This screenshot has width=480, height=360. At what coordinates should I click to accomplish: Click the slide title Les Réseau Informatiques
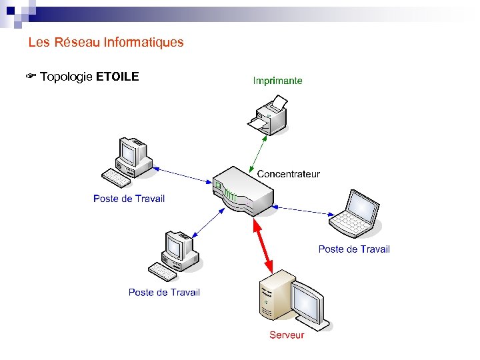(x=106, y=43)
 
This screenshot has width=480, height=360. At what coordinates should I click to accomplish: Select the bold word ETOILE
(x=117, y=77)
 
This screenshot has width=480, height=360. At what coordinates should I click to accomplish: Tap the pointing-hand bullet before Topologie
(x=31, y=77)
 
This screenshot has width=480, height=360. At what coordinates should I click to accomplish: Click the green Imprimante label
(x=277, y=81)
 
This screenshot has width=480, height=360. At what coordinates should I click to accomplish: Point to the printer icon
(x=267, y=114)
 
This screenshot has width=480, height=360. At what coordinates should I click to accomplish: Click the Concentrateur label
(x=288, y=174)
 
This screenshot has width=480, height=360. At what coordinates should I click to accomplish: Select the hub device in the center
(x=243, y=191)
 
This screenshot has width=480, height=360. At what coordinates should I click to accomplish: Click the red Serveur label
(x=287, y=335)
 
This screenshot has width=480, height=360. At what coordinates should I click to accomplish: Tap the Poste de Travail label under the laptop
(x=354, y=249)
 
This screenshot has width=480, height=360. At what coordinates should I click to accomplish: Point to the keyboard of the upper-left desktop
(x=116, y=177)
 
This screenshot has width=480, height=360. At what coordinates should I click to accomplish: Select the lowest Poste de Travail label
(x=164, y=292)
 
